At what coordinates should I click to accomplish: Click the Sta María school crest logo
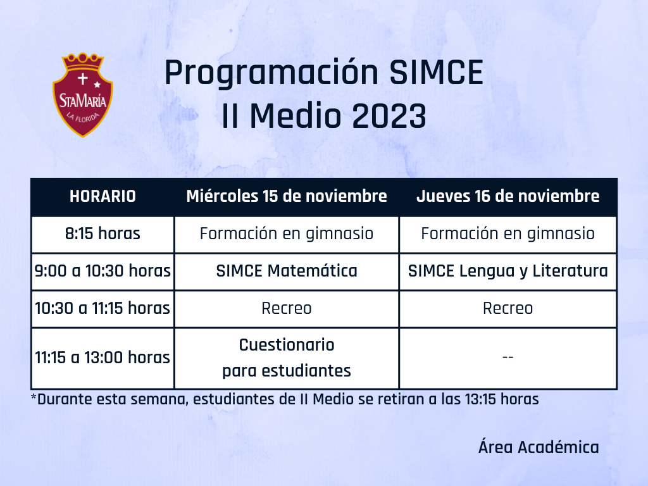[83, 95]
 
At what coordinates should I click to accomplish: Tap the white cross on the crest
[83, 78]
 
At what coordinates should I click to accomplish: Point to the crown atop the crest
[83, 62]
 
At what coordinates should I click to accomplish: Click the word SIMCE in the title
[436, 72]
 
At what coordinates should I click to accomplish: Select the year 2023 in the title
[389, 116]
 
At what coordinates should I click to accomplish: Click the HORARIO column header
[103, 196]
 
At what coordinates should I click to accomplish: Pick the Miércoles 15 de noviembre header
[287, 196]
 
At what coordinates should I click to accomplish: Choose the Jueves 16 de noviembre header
[508, 196]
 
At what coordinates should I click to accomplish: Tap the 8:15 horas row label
[103, 234]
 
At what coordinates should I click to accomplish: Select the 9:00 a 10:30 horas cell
[103, 271]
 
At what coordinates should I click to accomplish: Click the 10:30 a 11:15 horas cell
[103, 308]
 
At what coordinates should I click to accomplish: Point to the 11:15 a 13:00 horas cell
[103, 358]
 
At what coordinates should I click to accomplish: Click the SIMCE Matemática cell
[287, 271]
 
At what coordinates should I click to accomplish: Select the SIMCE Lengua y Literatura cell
[508, 271]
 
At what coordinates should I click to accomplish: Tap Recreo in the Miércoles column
[287, 308]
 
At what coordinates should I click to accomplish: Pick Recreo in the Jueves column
[508, 308]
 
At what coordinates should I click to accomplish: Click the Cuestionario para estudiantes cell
[287, 358]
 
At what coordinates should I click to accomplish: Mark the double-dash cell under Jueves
[508, 357]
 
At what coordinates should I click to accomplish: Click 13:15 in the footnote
[480, 399]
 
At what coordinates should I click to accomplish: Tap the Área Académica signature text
[539, 447]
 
